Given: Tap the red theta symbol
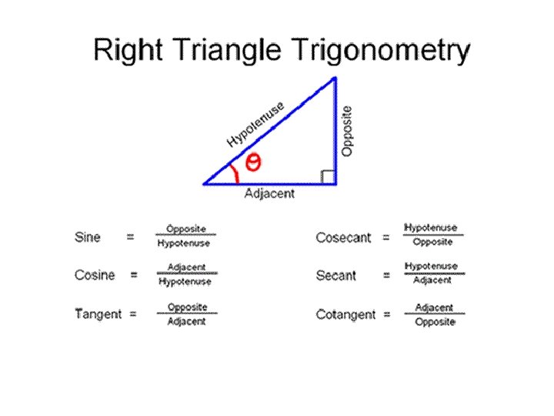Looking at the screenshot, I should [253, 162].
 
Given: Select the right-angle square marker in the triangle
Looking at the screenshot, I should [328, 178].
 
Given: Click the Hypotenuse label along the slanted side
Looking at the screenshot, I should [255, 123].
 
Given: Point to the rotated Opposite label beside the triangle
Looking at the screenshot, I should [347, 131].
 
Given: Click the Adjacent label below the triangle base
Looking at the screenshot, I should [269, 194].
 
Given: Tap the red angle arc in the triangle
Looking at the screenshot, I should [235, 174].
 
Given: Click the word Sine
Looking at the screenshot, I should [88, 237].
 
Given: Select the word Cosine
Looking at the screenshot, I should [95, 275].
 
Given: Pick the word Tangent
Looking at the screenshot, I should [98, 314].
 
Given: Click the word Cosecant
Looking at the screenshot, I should [342, 237].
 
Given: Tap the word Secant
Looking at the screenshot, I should [336, 275].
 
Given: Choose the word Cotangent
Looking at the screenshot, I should [345, 314].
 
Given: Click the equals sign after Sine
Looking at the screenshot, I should [130, 237].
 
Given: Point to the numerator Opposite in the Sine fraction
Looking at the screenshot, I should [186, 230].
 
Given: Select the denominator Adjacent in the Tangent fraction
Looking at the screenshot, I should [187, 321].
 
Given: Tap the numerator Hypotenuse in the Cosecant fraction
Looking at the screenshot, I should [431, 228].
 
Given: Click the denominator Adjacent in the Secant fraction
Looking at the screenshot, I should [432, 280].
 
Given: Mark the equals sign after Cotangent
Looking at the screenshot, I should [387, 314].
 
